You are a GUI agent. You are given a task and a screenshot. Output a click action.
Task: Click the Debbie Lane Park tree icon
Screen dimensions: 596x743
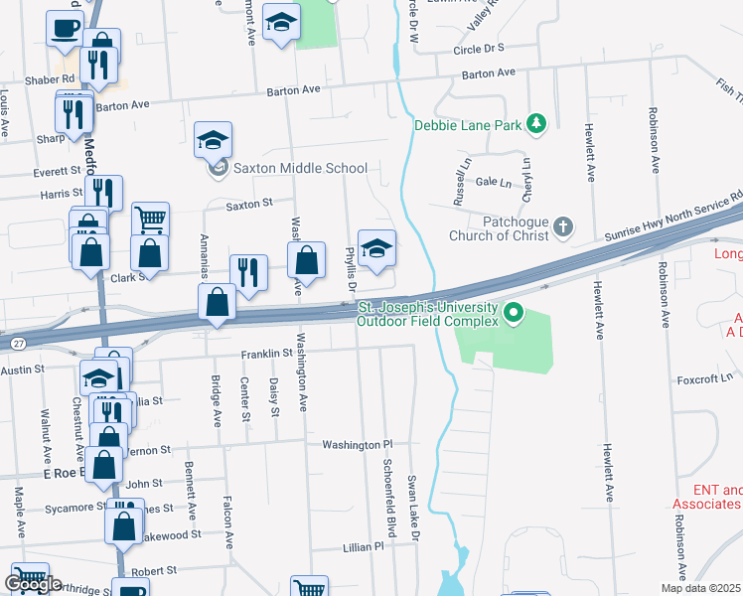click(x=537, y=123)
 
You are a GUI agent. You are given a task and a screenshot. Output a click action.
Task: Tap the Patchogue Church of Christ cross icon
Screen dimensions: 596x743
click(x=563, y=226)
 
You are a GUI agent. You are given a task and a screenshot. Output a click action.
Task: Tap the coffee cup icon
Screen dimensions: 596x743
click(x=65, y=28)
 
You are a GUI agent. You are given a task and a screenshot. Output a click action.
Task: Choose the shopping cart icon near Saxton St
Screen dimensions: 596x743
click(x=150, y=219)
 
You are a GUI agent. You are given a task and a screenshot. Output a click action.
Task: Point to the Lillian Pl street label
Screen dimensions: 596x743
click(x=363, y=547)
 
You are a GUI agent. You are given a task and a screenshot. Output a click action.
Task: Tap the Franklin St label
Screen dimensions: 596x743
click(x=266, y=353)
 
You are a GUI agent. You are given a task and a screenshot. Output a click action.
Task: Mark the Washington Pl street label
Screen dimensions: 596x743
click(x=358, y=445)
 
